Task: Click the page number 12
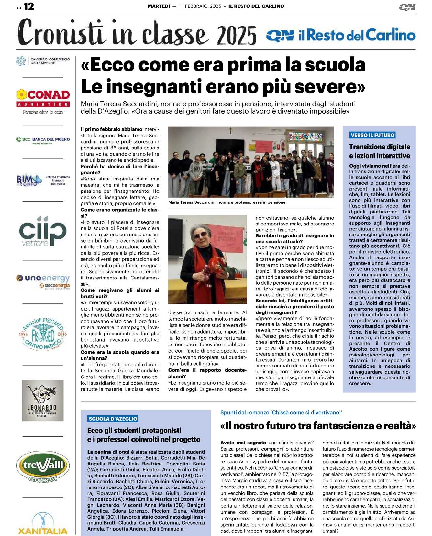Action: pos(28,6)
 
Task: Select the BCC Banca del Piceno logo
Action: pos(43,140)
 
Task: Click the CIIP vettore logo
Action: pos(43,231)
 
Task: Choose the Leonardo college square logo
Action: pos(43,400)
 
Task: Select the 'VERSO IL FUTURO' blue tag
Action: pos(372,135)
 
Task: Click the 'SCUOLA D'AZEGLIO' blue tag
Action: pos(113,419)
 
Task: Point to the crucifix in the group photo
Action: pos(230,130)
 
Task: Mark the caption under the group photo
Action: pos(227,202)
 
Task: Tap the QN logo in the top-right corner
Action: pos(407,7)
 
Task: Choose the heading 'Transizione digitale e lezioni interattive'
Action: pos(380,151)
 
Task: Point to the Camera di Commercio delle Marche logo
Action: pos(43,61)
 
